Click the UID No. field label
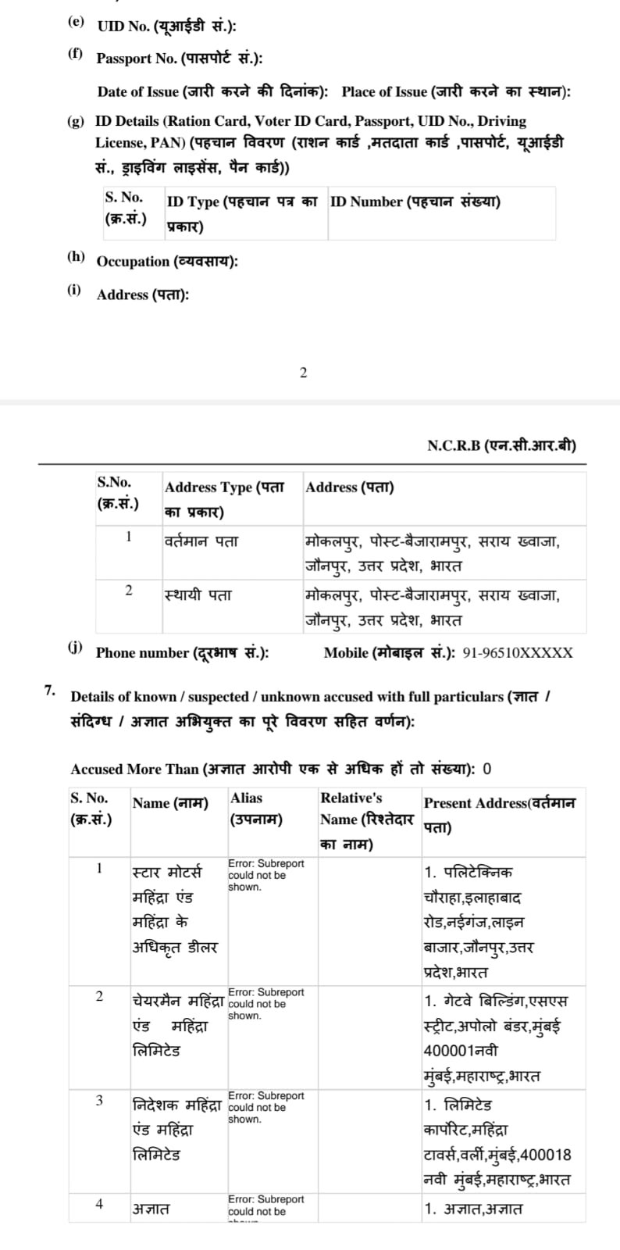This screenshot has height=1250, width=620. click(x=166, y=26)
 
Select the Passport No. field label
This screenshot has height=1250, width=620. click(x=179, y=59)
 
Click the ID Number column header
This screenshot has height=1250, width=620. click(x=415, y=202)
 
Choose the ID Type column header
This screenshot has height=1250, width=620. click(x=241, y=212)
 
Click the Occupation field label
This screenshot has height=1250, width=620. click(x=167, y=262)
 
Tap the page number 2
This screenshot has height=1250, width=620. click(x=304, y=373)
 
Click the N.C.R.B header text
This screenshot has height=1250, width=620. click(x=501, y=446)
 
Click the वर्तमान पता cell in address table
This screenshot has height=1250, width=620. click(x=201, y=541)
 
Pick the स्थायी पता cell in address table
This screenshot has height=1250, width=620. click(x=198, y=595)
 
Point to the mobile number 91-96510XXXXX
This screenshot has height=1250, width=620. click(x=518, y=653)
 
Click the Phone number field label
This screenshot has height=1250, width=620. click(x=182, y=653)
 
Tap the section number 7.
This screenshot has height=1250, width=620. click(x=50, y=690)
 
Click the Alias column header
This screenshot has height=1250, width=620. click(x=255, y=809)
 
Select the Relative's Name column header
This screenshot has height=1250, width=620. click(x=366, y=820)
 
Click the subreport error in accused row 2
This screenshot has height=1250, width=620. click(x=265, y=1004)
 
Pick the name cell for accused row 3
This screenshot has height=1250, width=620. click(x=176, y=1130)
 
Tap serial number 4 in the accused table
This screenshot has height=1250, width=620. click(x=99, y=1204)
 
